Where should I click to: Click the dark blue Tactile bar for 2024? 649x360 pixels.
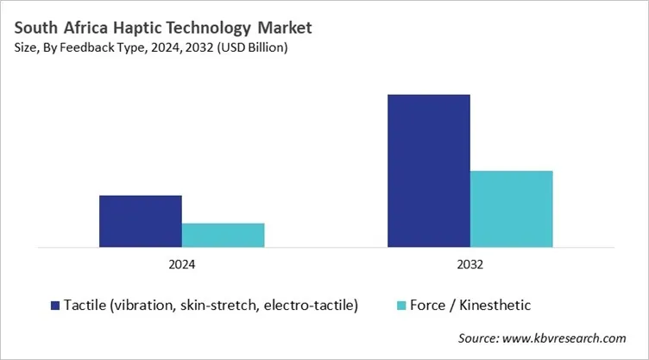pyautogui.click(x=140, y=221)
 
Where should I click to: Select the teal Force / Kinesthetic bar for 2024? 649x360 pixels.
pyautogui.click(x=223, y=235)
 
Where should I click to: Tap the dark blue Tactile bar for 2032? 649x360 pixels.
pyautogui.click(x=428, y=171)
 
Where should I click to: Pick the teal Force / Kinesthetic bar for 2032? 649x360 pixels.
pyautogui.click(x=511, y=209)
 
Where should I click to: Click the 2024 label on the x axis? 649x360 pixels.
pyautogui.click(x=181, y=265)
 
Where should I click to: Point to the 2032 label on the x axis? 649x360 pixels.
pyautogui.click(x=469, y=265)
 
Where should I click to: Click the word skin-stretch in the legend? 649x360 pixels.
pyautogui.click(x=223, y=305)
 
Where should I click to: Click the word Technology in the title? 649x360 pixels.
pyautogui.click(x=211, y=28)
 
